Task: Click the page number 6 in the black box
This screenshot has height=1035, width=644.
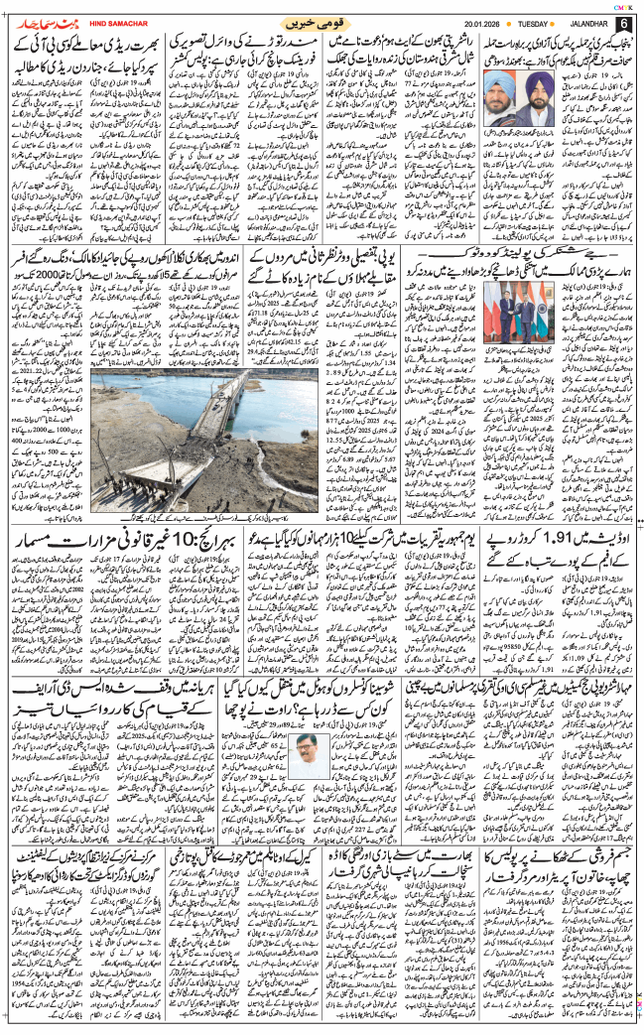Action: (622, 24)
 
